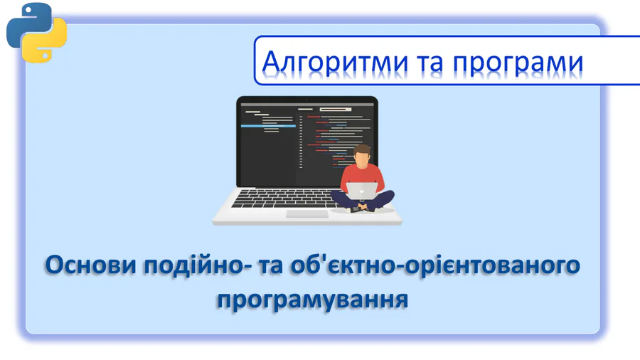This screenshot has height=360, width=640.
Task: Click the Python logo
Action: (x=36, y=33)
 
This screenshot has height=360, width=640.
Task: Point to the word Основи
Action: (x=90, y=265)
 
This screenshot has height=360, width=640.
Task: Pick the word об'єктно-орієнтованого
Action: (x=435, y=265)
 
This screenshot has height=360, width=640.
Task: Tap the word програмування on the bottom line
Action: (x=312, y=300)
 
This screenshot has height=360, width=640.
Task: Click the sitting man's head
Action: (x=362, y=154)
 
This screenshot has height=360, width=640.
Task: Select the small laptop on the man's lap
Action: (x=362, y=191)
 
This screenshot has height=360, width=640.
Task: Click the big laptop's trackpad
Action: (x=307, y=214)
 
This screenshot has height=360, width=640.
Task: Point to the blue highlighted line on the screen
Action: (x=268, y=126)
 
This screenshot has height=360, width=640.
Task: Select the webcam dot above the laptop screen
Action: (x=307, y=100)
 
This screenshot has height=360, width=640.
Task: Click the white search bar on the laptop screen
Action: (x=336, y=110)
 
